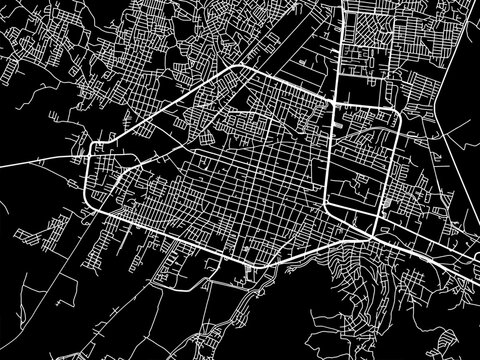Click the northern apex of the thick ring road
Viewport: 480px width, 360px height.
point(239,66)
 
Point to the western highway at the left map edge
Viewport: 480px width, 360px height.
point(3,163)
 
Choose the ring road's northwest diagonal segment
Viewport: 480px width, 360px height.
point(165,108)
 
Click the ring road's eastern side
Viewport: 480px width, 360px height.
point(396,170)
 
